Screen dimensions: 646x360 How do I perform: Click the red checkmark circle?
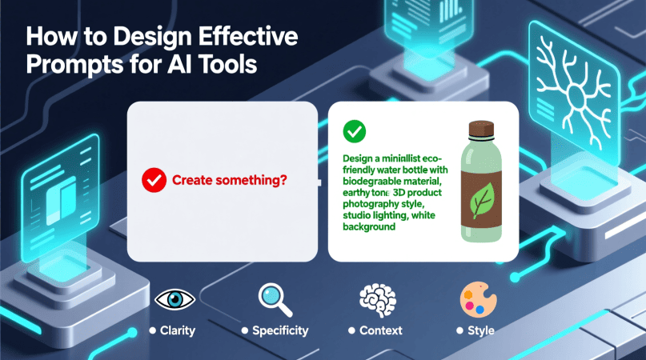click(154, 180)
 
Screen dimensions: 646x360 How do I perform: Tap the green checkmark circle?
click(355, 131)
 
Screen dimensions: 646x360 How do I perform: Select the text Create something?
click(230, 180)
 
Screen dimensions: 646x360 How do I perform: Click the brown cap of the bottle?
click(481, 129)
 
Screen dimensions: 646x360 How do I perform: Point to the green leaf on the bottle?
click(482, 200)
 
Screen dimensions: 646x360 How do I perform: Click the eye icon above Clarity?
click(175, 299)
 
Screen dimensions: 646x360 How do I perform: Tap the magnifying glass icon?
click(275, 300)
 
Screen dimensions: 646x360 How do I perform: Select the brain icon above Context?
click(378, 300)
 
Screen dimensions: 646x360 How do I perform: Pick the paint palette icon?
click(479, 299)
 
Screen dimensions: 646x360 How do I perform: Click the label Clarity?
click(178, 330)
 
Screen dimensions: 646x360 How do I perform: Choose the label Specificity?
click(280, 330)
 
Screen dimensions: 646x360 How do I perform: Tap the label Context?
click(381, 330)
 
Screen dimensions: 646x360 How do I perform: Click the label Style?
click(481, 330)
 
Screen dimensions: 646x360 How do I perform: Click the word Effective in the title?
click(248, 36)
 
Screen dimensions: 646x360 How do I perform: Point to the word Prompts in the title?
click(75, 65)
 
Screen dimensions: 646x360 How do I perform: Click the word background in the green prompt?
click(369, 226)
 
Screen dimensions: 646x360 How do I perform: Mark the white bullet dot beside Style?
click(459, 330)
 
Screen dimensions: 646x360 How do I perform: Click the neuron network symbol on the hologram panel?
click(574, 94)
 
